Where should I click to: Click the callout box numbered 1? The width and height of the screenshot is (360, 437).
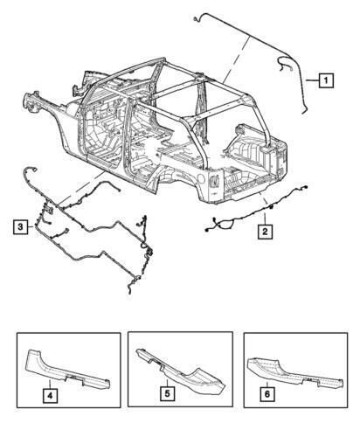324,81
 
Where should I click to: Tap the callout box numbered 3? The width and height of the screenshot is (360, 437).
19,227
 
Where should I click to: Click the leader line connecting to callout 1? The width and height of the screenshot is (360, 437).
312,81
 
